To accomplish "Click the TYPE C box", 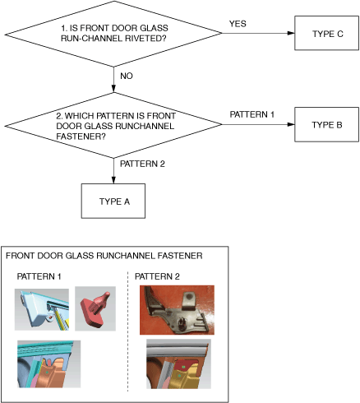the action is tap(326, 33).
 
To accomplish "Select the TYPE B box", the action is tap(326, 124).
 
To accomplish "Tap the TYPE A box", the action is tap(113, 201).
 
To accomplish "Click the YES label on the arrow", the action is tap(238, 24).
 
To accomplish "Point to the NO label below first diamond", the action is tap(127, 76).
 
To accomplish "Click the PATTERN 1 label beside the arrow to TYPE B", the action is tap(252, 114).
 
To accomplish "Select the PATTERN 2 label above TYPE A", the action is tap(142, 164).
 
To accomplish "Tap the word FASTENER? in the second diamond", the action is tap(81, 137).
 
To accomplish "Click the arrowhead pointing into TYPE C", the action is tap(291, 33).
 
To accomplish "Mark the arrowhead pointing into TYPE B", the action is tap(291, 124).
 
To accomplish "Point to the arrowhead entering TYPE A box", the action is tap(113, 180).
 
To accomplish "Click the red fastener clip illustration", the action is tap(95, 308).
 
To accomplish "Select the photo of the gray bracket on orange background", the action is tap(177, 310).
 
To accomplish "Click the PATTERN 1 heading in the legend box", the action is tap(39, 276).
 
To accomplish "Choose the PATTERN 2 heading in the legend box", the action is tap(157, 276).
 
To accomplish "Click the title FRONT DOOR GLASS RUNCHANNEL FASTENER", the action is tap(104, 256).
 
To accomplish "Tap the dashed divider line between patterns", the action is tap(127, 331).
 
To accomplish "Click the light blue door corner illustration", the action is tap(42, 309).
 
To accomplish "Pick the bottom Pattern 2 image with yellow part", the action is tap(178, 364).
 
